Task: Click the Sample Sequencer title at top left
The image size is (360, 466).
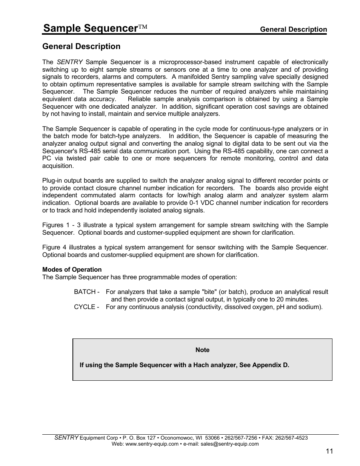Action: click(x=90, y=28)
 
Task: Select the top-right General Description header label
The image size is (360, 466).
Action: click(x=294, y=29)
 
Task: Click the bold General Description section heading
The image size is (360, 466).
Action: click(x=81, y=46)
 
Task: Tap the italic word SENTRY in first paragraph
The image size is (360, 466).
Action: click(x=69, y=62)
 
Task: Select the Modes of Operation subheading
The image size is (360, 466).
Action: click(x=72, y=269)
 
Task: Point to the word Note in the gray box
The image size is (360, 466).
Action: click(x=202, y=350)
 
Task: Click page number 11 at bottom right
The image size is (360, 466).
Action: click(x=329, y=451)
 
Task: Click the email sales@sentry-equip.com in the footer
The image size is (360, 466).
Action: click(x=230, y=444)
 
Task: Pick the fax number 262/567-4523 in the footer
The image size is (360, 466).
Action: click(x=292, y=438)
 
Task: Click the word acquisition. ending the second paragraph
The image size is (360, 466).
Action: click(x=58, y=166)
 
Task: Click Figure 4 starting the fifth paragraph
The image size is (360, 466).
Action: click(x=51, y=247)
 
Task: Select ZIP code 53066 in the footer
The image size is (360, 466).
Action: click(x=213, y=438)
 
